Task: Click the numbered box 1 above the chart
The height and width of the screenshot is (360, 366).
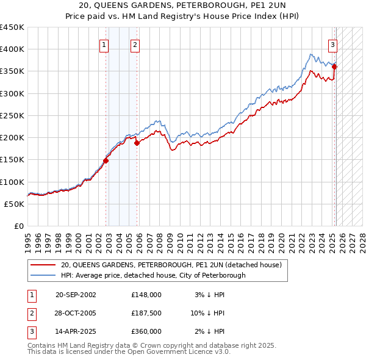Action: (x=104, y=44)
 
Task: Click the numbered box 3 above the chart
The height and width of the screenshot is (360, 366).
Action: (x=333, y=44)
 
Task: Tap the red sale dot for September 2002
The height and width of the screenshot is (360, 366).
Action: (x=106, y=161)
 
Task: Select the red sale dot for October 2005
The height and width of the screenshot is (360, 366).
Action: (x=137, y=143)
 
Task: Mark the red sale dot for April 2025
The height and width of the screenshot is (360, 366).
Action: (x=335, y=67)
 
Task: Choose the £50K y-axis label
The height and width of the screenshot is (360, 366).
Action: (x=15, y=204)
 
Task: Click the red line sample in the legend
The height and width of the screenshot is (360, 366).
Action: (x=43, y=265)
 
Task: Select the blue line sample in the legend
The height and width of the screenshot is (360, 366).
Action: (x=43, y=275)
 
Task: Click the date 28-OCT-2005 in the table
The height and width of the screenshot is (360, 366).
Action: (x=76, y=313)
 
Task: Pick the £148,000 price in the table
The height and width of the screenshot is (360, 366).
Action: (x=146, y=295)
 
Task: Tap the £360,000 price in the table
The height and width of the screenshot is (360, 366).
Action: (x=146, y=331)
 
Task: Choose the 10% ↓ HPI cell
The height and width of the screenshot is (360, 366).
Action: (x=207, y=313)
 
